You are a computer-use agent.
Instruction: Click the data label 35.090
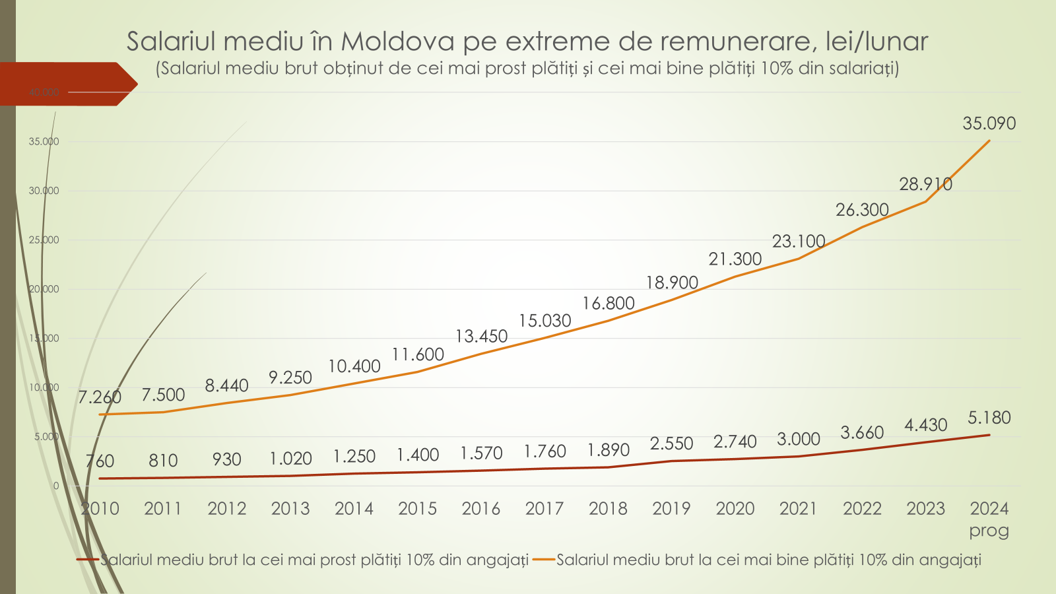click(x=989, y=123)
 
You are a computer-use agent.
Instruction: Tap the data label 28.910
click(x=925, y=184)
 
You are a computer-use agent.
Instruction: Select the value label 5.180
click(x=989, y=418)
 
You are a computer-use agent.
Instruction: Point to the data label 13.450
click(x=481, y=337)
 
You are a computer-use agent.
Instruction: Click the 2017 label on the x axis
click(x=544, y=509)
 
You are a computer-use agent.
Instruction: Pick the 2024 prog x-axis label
click(x=989, y=519)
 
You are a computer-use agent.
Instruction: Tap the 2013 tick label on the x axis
click(x=290, y=509)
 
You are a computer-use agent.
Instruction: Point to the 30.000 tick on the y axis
click(x=44, y=191)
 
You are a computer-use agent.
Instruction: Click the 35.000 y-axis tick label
click(x=44, y=141)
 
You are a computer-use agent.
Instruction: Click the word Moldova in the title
click(x=397, y=42)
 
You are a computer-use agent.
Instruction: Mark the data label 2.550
click(x=671, y=444)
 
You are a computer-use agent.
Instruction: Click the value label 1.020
click(x=290, y=458)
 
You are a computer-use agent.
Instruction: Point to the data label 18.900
click(x=671, y=282)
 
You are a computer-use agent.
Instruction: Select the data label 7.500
click(x=163, y=395)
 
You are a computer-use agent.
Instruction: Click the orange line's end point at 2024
click(x=989, y=141)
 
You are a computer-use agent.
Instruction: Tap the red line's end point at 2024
click(x=989, y=435)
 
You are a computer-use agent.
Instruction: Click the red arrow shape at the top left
click(x=66, y=84)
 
